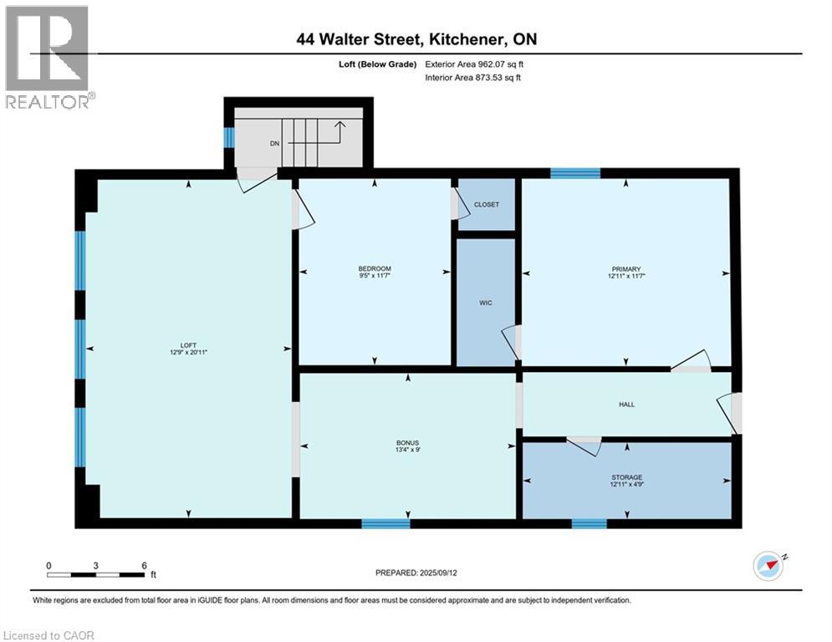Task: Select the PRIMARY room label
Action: point(625,268)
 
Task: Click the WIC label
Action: point(485,303)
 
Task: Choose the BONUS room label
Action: point(408,442)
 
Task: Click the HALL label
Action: point(626,405)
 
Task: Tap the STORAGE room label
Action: point(626,477)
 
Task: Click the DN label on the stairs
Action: point(274,143)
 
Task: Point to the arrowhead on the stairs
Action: point(340,125)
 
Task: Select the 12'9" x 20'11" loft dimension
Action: point(188,352)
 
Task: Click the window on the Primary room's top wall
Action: point(575,173)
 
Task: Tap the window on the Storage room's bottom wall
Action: point(589,524)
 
